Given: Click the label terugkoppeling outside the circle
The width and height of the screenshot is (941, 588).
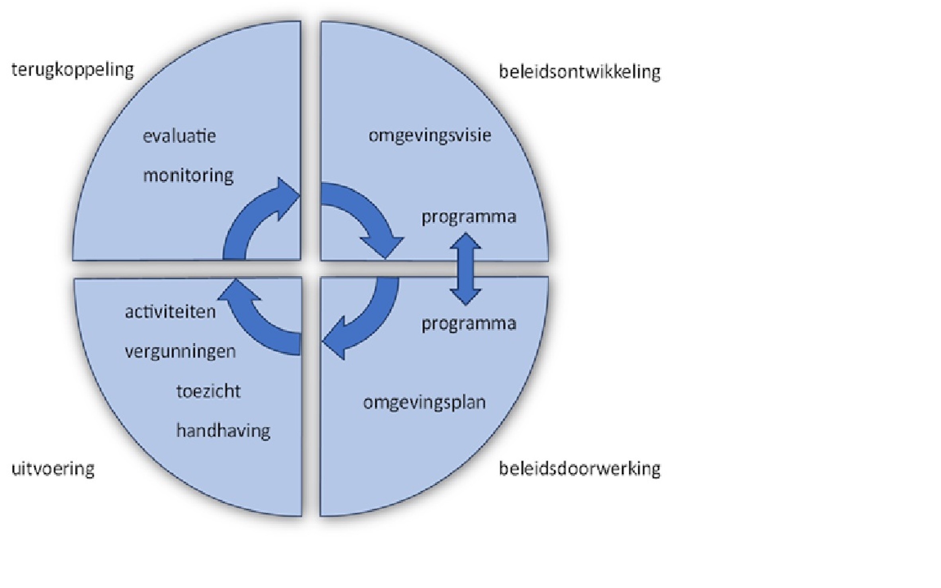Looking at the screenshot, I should point(73,70).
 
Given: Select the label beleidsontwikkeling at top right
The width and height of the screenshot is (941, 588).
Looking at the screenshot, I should point(579,72).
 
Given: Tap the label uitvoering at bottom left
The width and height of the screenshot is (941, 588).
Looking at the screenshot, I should point(53,469).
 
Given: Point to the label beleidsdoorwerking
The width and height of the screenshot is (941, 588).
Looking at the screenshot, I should point(579,469).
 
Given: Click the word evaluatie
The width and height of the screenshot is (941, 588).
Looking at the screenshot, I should point(179,136).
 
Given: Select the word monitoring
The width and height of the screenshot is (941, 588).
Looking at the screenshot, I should point(188,176).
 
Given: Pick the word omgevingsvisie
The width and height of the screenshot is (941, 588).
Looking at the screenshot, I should point(429,135).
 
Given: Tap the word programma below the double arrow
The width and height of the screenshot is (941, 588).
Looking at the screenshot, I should point(469,324).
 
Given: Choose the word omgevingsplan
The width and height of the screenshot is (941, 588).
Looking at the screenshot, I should point(424,402).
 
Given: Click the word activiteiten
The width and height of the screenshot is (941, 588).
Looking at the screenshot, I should point(170,312).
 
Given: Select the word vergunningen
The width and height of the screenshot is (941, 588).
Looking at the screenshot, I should point(180,352).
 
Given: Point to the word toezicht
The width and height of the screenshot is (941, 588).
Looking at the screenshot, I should point(208,391).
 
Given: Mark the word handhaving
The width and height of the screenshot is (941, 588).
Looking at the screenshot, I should point(223,431).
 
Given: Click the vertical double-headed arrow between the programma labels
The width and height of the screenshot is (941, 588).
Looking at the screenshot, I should point(465,269).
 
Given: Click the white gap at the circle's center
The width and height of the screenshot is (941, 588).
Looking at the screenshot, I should point(311,269).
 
